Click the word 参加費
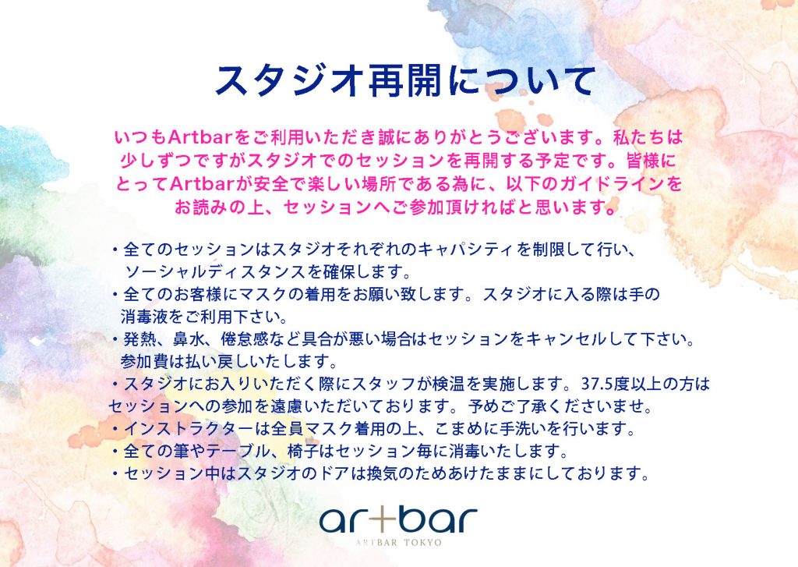[x=144, y=362]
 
